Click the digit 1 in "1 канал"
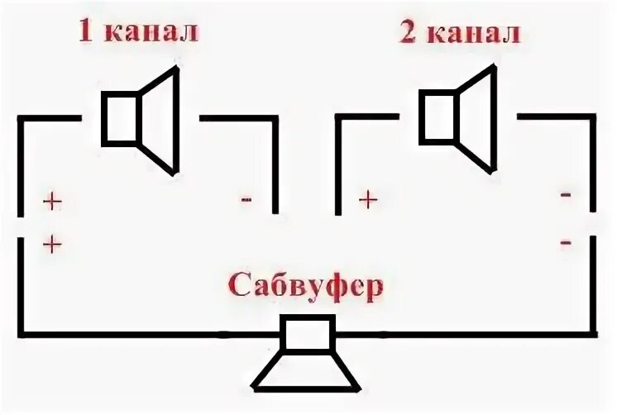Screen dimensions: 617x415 86,32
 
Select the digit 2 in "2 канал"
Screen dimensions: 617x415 408,33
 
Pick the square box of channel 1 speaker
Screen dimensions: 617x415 120,118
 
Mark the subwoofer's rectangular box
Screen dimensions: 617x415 307,334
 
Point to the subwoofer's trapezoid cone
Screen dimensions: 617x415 307,372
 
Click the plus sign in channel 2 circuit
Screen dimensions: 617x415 368,198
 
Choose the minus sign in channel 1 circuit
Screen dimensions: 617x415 246,199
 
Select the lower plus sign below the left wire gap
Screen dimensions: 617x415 51,243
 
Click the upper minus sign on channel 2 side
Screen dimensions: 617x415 566,195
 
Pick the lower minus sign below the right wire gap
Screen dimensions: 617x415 566,242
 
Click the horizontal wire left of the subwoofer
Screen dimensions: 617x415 149,335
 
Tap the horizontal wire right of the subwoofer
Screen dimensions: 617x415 463,335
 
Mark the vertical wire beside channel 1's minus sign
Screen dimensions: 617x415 275,165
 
